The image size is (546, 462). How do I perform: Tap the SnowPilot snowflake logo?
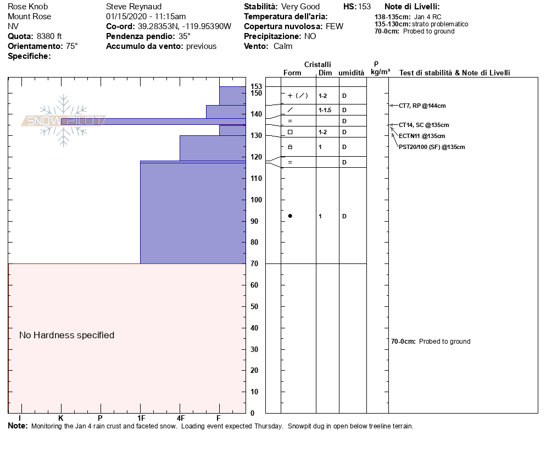(x=64, y=120)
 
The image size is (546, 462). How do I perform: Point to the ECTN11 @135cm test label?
(x=422, y=136)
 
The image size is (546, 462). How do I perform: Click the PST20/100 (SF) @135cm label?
(x=432, y=147)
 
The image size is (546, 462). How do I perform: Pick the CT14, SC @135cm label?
(x=424, y=125)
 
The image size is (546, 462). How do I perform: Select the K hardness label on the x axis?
(x=60, y=418)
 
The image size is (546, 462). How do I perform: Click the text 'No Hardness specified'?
(x=66, y=335)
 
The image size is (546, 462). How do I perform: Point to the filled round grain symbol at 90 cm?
(x=290, y=216)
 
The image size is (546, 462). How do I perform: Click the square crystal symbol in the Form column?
(x=290, y=132)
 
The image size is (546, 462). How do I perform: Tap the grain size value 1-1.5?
(x=324, y=110)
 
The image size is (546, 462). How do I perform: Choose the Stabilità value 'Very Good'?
(x=300, y=7)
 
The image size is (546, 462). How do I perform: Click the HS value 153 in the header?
(x=364, y=7)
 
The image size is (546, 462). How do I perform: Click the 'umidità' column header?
(x=351, y=73)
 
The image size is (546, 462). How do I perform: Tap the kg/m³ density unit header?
(x=380, y=72)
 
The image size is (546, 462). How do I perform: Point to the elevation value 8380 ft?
(x=49, y=36)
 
